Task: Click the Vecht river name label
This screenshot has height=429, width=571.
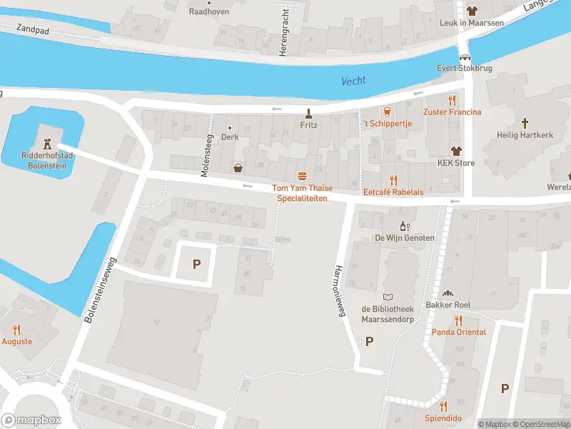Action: (353, 81)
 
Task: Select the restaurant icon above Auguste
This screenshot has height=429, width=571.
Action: (17, 330)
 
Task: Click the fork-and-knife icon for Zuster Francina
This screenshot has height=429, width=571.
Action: (452, 100)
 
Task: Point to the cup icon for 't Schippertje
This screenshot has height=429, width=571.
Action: (388, 112)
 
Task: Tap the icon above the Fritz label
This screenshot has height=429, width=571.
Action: (308, 112)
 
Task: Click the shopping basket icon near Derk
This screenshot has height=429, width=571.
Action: (238, 168)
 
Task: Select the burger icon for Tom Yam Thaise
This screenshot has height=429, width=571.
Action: (302, 176)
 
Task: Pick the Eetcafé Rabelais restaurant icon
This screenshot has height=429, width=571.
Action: (393, 179)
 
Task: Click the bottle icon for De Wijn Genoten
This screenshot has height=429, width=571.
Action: (403, 225)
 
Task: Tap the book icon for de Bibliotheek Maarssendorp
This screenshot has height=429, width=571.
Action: (388, 297)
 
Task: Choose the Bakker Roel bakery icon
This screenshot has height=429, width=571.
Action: (448, 293)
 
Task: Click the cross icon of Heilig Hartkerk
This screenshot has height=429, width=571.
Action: (525, 123)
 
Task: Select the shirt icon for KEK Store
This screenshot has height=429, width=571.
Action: (456, 151)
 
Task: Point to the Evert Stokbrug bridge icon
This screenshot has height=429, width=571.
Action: (465, 57)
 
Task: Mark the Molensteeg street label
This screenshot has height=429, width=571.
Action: (206, 156)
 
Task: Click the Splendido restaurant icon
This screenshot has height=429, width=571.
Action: (443, 406)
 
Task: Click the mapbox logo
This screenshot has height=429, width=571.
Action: (31, 420)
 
